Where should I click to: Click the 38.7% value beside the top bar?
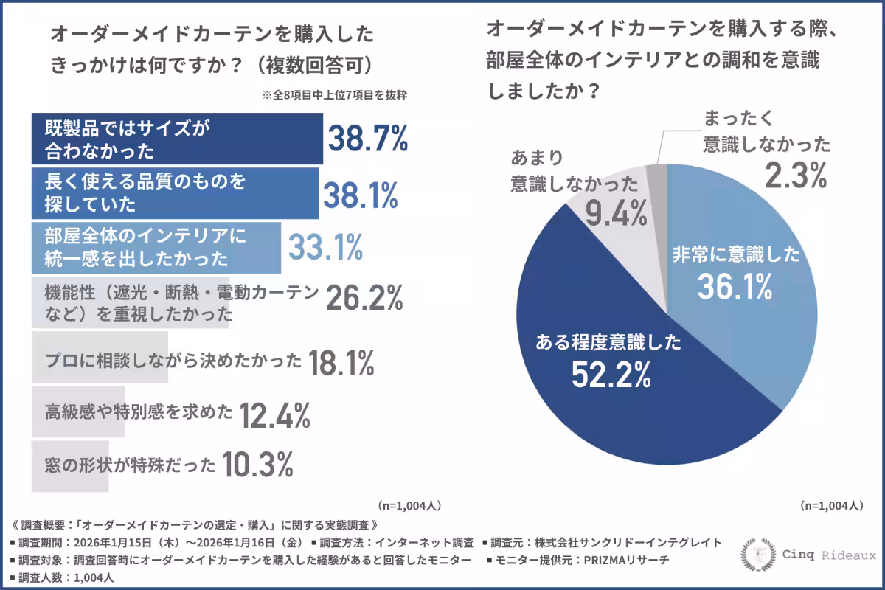(367, 139)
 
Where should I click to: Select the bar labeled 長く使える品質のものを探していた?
(175, 193)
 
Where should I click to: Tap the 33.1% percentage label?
(325, 248)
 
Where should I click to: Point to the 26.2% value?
(365, 297)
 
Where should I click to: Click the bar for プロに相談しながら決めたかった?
(100, 358)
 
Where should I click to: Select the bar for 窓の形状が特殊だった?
(71, 466)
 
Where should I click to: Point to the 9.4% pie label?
(617, 213)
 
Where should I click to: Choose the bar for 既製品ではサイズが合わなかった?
(177, 139)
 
